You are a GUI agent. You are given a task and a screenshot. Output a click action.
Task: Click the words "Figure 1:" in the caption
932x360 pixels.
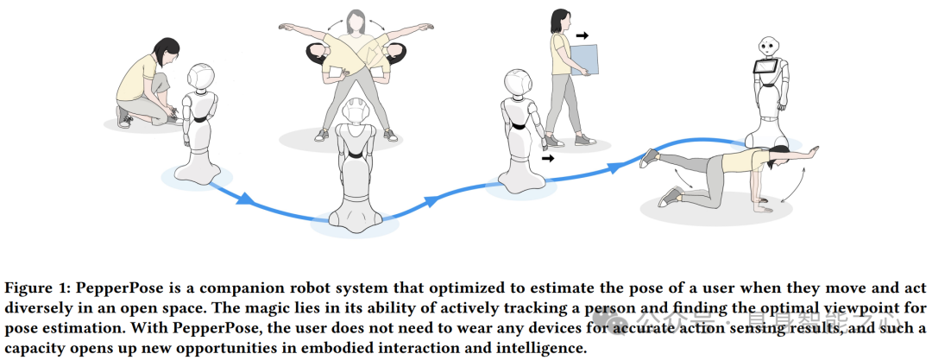[x=35, y=287]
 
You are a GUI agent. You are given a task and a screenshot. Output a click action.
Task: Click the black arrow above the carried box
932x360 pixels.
[x=582, y=36]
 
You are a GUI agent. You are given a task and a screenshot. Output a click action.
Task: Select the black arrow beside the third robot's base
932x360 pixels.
[x=548, y=158]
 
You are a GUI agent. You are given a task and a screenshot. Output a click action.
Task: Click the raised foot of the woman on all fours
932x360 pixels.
[x=650, y=156]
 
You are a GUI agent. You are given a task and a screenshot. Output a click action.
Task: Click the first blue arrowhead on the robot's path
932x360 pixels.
[x=245, y=200]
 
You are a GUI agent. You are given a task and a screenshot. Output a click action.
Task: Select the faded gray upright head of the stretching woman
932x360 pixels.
[x=356, y=19]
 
